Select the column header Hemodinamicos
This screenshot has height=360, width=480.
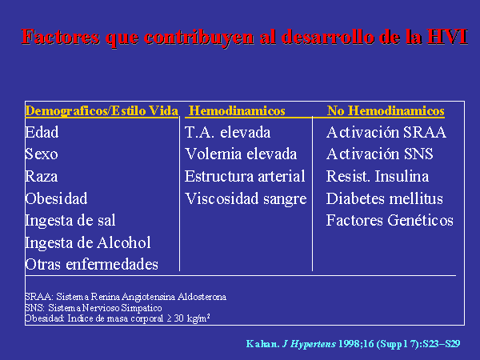[x=237, y=110]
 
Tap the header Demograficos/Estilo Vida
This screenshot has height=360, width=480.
[x=102, y=111]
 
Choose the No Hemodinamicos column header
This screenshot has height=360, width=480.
[x=386, y=110]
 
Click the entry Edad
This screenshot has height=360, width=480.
[x=42, y=132]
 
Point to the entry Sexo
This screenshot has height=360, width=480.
[x=42, y=154]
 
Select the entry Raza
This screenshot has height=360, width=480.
[x=42, y=176]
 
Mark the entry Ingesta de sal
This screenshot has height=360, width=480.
[x=70, y=221]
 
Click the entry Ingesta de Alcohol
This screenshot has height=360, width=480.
[x=88, y=242]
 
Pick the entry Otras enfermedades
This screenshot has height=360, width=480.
[x=92, y=264]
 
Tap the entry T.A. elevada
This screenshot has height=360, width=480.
[x=228, y=132]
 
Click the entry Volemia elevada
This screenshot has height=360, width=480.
[x=241, y=154]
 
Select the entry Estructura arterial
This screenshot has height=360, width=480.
[x=245, y=176]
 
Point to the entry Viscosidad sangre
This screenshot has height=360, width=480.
[x=246, y=199]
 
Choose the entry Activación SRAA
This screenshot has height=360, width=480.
[x=386, y=132]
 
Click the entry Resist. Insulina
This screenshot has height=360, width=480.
[x=378, y=176]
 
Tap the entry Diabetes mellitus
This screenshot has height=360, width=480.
[x=385, y=198]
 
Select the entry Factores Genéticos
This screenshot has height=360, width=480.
[x=390, y=220]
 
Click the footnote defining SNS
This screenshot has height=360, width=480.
[x=94, y=307]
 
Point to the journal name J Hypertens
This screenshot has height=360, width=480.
[x=309, y=344]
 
